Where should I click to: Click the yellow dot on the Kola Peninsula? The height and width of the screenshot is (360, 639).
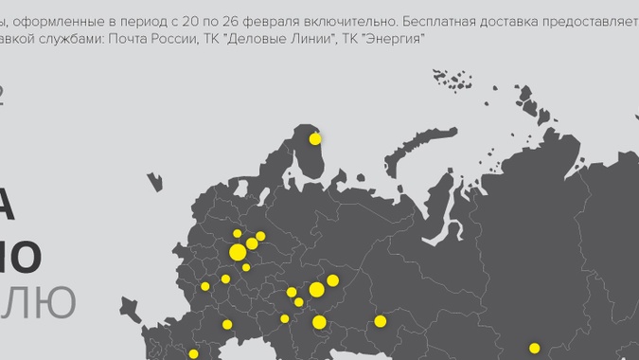(315, 139)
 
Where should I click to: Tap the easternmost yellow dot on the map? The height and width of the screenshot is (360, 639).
(534, 349)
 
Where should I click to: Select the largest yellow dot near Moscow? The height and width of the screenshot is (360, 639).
(238, 252)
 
